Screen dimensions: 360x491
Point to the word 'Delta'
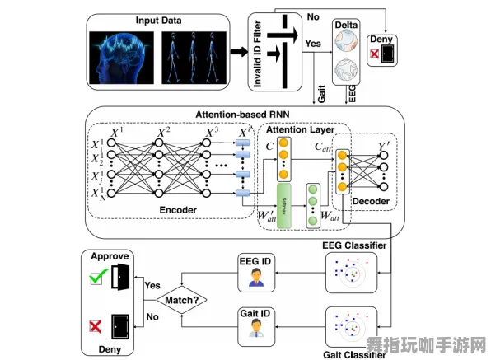pos(347,26)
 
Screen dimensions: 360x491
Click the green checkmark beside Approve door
pos(96,279)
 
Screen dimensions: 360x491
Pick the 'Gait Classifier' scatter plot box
pos(352,327)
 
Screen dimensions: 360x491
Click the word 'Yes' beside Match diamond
pos(152,285)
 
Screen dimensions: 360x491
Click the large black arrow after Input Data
pos(237,52)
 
